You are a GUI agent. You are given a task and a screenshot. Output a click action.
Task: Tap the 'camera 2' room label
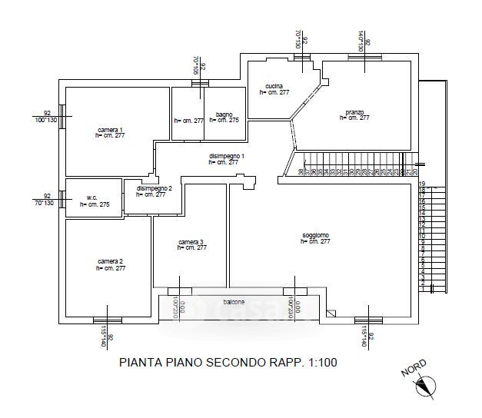pyautogui.click(x=110, y=262)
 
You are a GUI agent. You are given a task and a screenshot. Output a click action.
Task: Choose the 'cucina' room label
pyautogui.click(x=274, y=85)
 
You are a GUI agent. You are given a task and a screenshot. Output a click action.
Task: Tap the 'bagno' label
pyautogui.click(x=224, y=114)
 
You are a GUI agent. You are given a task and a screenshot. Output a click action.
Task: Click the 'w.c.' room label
pyautogui.click(x=90, y=198)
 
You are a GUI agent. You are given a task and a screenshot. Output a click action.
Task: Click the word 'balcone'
pyautogui.click(x=234, y=302)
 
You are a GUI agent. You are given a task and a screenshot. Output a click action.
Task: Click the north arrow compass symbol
pyautogui.click(x=427, y=386)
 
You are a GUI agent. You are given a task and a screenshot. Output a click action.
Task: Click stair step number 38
pyautogui.click(x=300, y=171)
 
